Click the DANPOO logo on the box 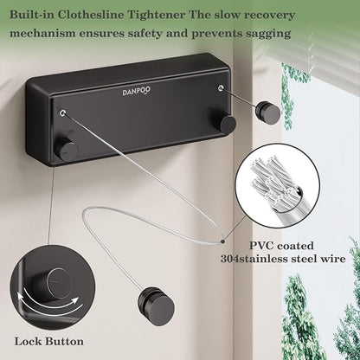(137, 92)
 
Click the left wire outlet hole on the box (63, 112)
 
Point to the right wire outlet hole (222, 87)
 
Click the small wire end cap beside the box (268, 111)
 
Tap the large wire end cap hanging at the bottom (156, 305)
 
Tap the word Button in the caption (64, 342)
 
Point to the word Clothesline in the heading (91, 15)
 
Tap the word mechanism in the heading (42, 33)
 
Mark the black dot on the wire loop (222, 241)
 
